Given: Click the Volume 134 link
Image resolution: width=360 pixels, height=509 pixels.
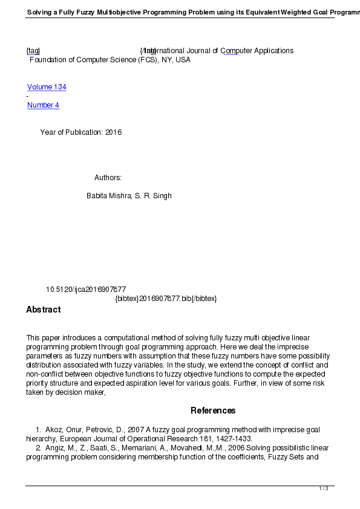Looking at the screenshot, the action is [47, 87].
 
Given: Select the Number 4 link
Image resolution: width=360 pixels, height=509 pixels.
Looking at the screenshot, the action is [43, 105].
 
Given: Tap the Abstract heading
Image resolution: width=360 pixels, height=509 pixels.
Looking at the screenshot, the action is [44, 310].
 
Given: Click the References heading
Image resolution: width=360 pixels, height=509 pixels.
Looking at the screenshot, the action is [213, 410].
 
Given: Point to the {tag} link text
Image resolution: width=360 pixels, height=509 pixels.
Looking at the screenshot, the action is [33, 51].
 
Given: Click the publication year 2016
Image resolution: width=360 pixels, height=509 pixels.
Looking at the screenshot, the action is [113, 132].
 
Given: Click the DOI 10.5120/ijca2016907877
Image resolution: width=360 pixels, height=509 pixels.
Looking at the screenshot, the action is [86, 290].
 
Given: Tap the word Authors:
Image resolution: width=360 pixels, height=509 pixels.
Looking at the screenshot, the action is [108, 178].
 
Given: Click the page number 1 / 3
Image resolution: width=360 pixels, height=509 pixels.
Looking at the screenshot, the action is [324, 488].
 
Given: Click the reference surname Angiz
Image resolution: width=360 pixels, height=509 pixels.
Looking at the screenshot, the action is [54, 448].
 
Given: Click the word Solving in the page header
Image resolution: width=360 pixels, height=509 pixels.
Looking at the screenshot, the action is [41, 12].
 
